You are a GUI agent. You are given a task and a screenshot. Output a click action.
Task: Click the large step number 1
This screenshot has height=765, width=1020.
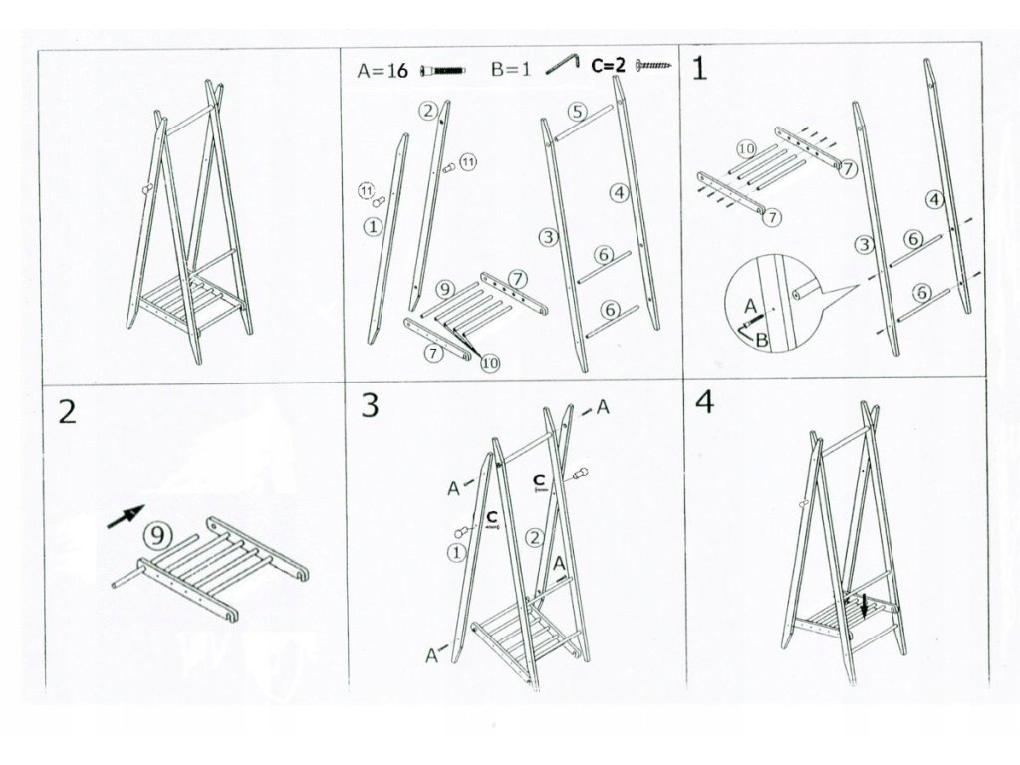(702, 69)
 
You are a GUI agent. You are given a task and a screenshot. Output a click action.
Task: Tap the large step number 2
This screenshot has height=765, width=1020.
(67, 411)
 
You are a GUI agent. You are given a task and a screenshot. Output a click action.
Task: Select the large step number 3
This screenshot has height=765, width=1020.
(370, 406)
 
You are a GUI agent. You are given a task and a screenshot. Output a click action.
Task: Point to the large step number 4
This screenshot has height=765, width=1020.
(704, 403)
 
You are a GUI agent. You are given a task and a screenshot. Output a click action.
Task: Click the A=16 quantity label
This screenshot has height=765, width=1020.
(382, 70)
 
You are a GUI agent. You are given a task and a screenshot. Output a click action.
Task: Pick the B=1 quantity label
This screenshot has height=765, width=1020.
(510, 70)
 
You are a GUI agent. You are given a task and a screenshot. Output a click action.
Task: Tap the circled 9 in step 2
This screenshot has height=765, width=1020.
(156, 535)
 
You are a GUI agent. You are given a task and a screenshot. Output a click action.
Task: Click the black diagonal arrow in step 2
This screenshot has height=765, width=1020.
(124, 517)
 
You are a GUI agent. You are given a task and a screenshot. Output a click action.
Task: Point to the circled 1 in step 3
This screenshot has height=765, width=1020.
(456, 551)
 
